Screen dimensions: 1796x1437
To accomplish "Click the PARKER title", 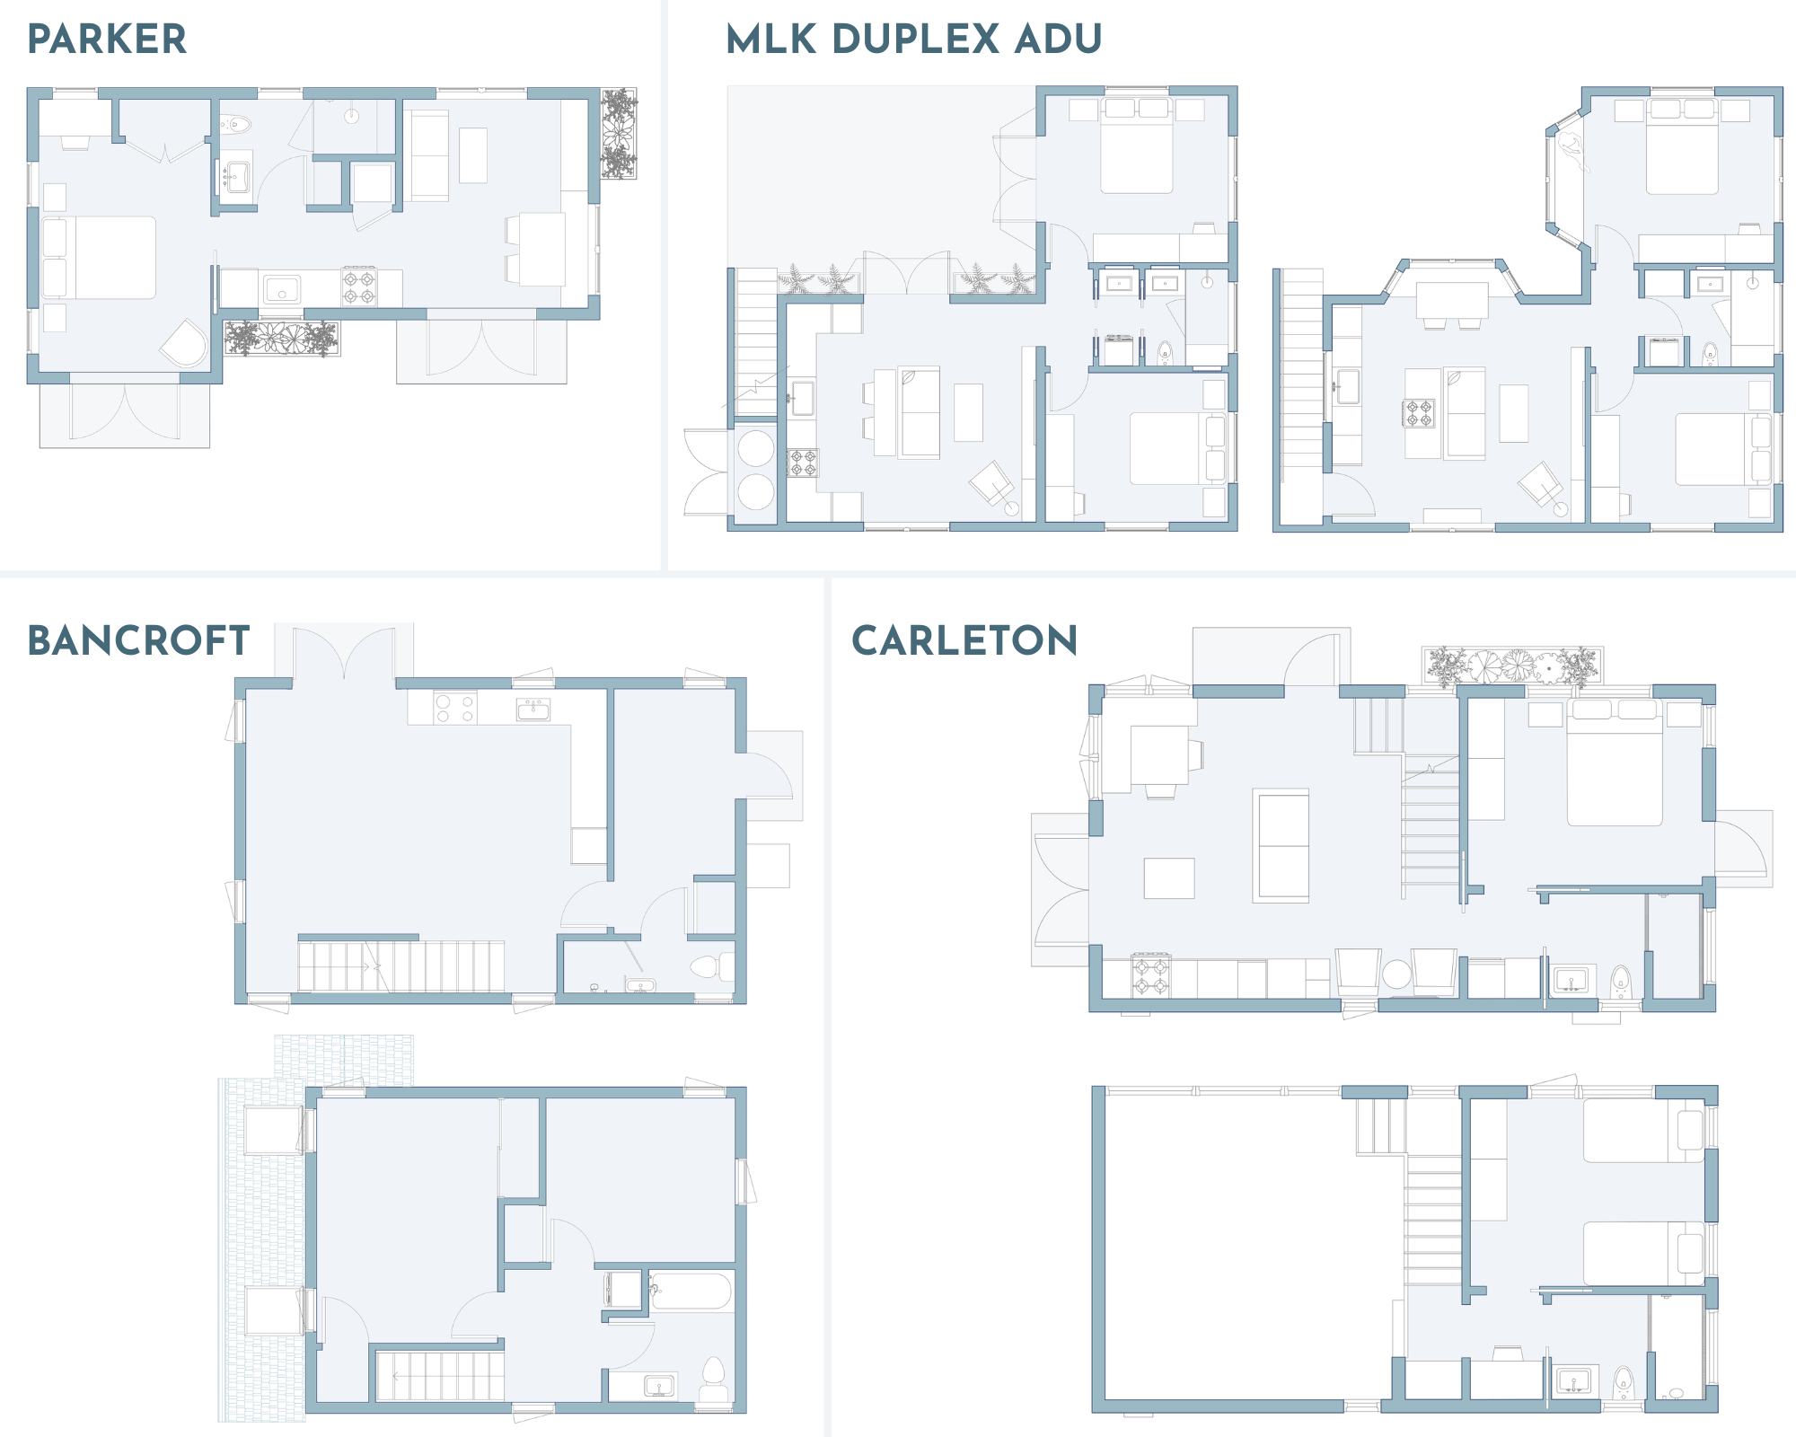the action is click(x=107, y=39).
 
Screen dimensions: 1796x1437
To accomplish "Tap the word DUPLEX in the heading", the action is click(x=916, y=39).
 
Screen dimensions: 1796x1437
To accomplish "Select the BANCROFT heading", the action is click(x=138, y=640).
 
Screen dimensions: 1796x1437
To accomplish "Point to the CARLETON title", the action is click(x=964, y=640).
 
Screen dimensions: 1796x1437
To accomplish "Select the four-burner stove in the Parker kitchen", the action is click(x=359, y=287).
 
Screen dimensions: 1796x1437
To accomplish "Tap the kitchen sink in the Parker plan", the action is click(x=282, y=289).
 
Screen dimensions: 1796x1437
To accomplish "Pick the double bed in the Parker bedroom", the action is click(x=99, y=257).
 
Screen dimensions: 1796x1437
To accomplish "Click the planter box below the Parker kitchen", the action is click(x=281, y=339).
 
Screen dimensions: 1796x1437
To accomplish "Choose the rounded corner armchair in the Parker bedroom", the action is click(x=186, y=343).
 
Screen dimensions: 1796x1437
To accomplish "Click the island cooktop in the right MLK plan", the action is click(x=1420, y=413).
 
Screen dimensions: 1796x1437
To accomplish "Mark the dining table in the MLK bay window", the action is click(x=1452, y=301).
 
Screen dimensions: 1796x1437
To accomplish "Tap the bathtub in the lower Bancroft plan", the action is click(x=691, y=1292).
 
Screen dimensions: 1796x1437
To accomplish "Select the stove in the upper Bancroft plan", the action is click(x=454, y=708).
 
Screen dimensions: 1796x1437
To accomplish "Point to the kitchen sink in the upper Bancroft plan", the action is click(x=533, y=710).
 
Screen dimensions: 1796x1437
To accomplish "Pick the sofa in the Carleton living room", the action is click(x=1281, y=846).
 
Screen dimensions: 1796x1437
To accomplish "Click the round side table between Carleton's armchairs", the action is click(x=1396, y=974).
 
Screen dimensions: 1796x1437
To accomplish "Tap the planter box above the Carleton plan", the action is click(x=1512, y=666).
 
